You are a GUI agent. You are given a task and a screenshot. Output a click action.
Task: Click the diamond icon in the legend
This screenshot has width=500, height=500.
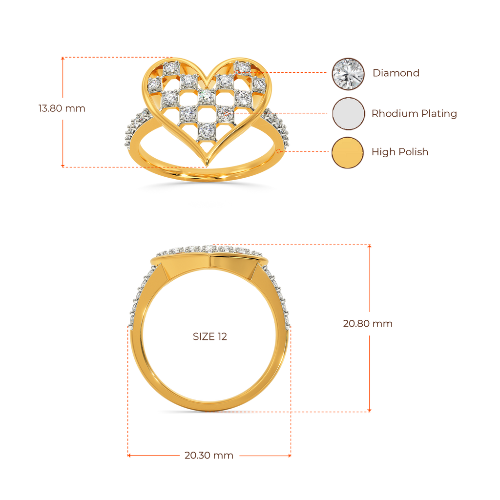point(348,74)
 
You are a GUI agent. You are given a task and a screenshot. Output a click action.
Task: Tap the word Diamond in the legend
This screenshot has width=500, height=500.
point(396,74)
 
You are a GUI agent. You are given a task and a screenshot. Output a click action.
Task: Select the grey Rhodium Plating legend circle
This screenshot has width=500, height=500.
point(348,113)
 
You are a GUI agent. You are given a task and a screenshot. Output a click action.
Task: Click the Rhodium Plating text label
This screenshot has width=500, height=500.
point(414,114)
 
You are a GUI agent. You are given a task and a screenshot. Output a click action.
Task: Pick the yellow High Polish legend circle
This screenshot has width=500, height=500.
point(348,153)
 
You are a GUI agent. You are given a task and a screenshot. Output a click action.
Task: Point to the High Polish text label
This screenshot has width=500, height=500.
point(400,152)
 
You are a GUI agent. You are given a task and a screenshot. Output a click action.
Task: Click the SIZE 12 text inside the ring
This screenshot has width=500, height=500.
point(210,337)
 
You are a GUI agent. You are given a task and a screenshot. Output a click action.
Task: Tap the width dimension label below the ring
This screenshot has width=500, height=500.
point(208,456)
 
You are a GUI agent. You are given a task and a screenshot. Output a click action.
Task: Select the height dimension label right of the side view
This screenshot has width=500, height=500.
point(367,324)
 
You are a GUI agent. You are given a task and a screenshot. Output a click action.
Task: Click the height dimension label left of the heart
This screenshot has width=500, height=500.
point(62,108)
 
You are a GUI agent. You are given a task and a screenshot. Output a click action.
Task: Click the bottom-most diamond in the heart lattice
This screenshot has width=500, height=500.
point(207,130)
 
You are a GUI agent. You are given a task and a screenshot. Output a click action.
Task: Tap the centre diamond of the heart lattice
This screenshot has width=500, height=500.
point(207,97)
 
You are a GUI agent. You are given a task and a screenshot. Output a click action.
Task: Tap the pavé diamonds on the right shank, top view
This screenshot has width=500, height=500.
point(278,125)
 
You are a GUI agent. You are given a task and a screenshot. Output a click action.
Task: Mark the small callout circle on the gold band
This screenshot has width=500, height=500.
point(278,152)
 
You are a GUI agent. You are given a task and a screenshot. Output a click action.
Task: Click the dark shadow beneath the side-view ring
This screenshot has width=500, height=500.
point(209,413)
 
